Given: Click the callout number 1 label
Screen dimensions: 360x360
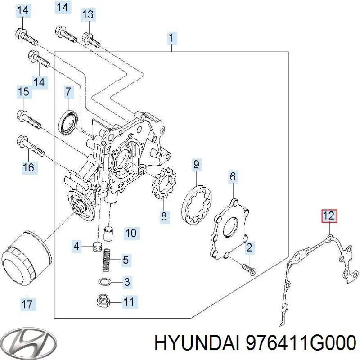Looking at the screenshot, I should pos(171,38).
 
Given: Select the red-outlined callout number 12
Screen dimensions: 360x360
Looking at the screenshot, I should pos(328,216).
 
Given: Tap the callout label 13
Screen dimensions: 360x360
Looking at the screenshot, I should pos(88,15).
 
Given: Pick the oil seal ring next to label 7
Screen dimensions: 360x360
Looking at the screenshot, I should pos(69,121).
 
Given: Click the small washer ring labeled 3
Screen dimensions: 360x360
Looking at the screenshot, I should pos(104,282).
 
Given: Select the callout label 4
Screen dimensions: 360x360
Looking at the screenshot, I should pos(77,246).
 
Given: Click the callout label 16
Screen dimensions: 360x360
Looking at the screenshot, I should pos(28,168).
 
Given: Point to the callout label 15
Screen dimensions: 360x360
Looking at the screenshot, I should pos(23,93).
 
